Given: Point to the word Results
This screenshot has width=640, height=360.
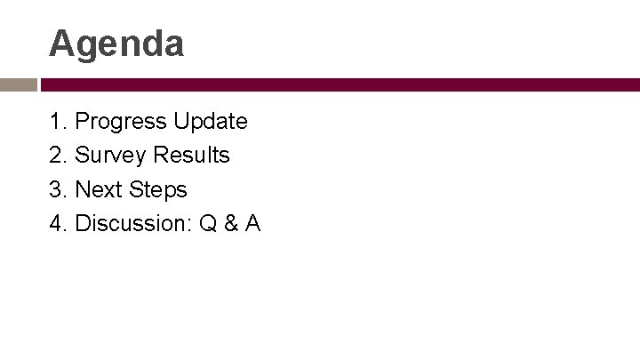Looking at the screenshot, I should (191, 155).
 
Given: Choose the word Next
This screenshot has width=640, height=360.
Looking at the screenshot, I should (99, 189).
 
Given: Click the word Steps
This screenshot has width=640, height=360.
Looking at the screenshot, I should (158, 190).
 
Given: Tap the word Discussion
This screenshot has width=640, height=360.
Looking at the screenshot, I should (132, 223).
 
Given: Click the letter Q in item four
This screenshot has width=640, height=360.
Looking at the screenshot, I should (208, 224).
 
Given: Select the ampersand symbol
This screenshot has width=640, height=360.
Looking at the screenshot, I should (229, 224).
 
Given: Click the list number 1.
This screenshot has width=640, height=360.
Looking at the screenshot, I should (56, 120).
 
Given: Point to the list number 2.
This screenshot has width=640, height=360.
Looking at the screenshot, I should (56, 155).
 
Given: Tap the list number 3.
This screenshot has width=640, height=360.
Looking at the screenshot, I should (56, 189).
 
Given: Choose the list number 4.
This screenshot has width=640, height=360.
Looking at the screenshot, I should (56, 224).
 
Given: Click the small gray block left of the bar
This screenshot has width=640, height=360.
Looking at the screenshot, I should (18, 85).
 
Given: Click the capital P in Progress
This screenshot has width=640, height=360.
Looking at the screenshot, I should (83, 120).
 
